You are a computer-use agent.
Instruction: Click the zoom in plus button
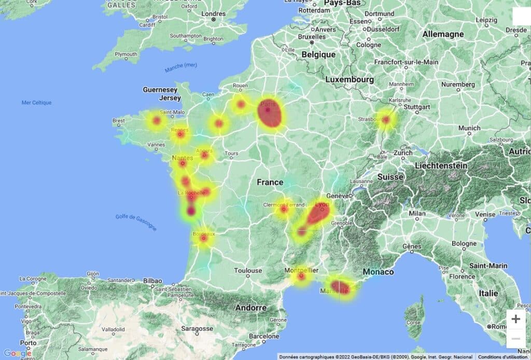[x=515, y=319]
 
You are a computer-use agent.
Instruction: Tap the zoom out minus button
[x=515, y=339]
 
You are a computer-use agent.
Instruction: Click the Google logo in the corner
[x=17, y=354]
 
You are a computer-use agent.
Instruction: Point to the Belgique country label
[x=318, y=54]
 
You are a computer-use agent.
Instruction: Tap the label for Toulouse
[x=247, y=270]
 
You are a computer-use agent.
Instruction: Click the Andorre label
[x=251, y=308]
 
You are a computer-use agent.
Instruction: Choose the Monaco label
[x=378, y=272]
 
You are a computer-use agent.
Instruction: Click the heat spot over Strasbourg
[x=386, y=120]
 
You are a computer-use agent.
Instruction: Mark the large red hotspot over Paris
[x=270, y=114]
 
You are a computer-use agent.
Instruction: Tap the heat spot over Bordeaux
[x=204, y=239]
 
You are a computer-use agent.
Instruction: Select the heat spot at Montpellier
[x=301, y=276]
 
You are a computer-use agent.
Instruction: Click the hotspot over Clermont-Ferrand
[x=284, y=210]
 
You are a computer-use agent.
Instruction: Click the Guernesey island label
[x=160, y=90]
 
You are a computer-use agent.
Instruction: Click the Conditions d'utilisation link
[x=502, y=357]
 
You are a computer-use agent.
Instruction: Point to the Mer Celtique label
[x=36, y=103]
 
